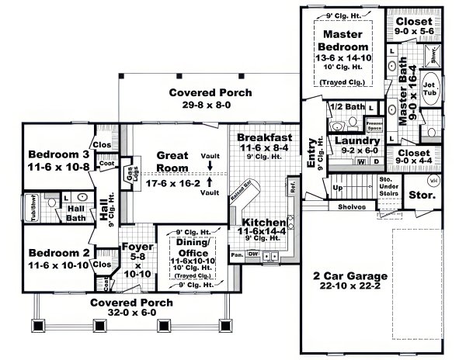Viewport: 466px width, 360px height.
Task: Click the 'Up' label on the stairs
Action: click(336, 189)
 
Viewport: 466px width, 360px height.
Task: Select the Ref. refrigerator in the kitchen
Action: click(293, 187)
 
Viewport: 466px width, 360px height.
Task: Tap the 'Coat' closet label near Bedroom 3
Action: click(106, 164)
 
